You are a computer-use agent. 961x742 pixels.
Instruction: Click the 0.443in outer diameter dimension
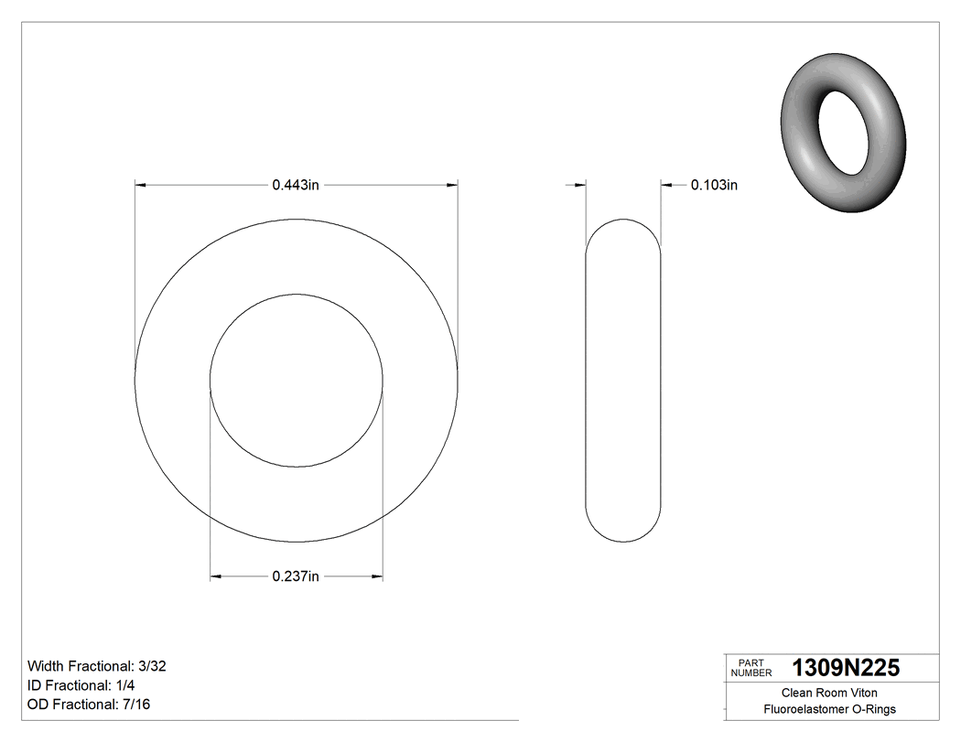click(x=295, y=185)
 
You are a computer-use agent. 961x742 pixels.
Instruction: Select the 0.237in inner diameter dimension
click(x=295, y=576)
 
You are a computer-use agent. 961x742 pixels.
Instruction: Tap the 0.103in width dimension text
click(x=714, y=185)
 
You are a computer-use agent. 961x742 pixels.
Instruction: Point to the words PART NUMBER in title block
click(x=750, y=669)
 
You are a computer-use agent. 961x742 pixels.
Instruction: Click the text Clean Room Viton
click(x=829, y=694)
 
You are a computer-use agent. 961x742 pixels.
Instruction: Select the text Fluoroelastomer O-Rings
click(x=829, y=710)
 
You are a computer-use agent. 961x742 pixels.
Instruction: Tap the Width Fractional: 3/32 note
click(x=97, y=666)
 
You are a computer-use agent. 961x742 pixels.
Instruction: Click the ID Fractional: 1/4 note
click(x=83, y=685)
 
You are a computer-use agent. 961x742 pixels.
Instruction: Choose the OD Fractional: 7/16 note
click(x=89, y=704)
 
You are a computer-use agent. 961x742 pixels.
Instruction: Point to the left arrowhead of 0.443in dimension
click(x=141, y=185)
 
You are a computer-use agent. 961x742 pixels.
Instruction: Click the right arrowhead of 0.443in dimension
click(x=452, y=185)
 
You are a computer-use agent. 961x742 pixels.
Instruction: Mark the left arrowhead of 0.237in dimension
click(x=216, y=576)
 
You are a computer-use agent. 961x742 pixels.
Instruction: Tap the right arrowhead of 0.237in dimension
click(x=377, y=576)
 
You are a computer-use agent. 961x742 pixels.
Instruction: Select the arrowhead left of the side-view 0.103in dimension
click(x=580, y=185)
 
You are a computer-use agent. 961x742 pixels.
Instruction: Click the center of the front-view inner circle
click(x=297, y=381)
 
